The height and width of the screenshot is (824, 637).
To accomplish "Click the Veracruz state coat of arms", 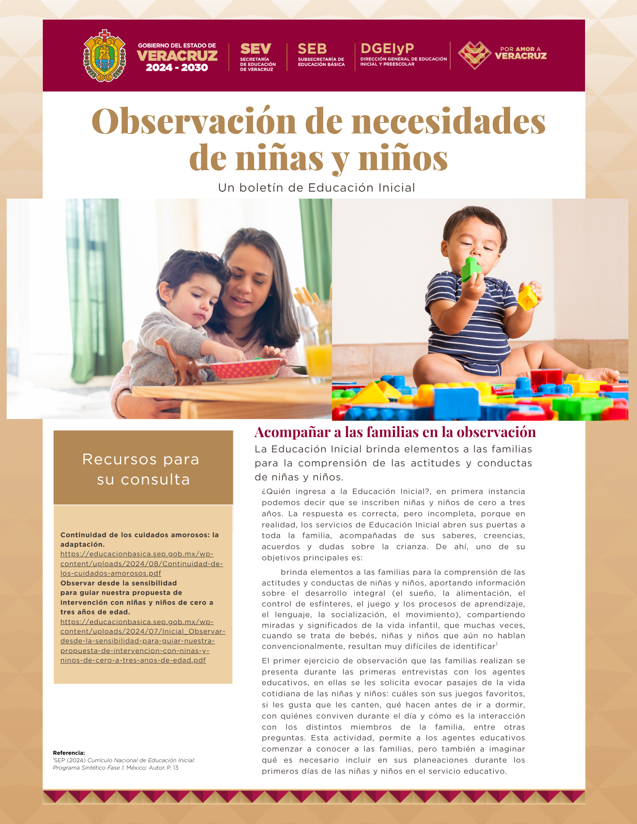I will point(105,56).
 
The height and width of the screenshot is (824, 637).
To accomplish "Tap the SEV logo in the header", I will point(256,49).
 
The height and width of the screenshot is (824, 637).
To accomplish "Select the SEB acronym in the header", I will point(312,49).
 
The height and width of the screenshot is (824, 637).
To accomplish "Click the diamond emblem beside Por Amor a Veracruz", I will point(475,55).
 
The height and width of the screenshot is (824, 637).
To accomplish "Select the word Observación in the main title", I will point(194,121).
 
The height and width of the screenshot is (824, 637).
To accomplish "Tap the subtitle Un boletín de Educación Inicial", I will point(316,188).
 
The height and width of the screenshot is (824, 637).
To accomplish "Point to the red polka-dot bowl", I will point(246,368).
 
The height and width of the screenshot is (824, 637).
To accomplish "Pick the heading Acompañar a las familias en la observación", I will point(395,432).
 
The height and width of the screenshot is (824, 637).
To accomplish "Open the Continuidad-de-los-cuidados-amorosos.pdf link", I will point(141,564).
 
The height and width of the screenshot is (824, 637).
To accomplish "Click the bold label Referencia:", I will point(69,753).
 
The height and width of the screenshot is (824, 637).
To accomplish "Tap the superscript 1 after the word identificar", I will point(497,644).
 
